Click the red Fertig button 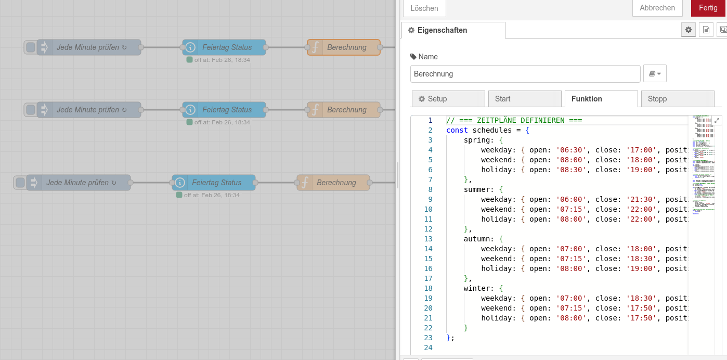708,8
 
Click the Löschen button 424,8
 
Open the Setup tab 448,99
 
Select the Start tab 525,99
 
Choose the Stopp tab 677,99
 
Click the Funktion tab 601,99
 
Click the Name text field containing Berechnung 525,74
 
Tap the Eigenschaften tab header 452,30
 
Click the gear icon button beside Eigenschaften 689,30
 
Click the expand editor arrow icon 717,120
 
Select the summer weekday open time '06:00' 571,199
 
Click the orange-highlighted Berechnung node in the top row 344,47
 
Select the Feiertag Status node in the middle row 224,110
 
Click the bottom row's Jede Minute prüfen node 78,183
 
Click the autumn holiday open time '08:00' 571,268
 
